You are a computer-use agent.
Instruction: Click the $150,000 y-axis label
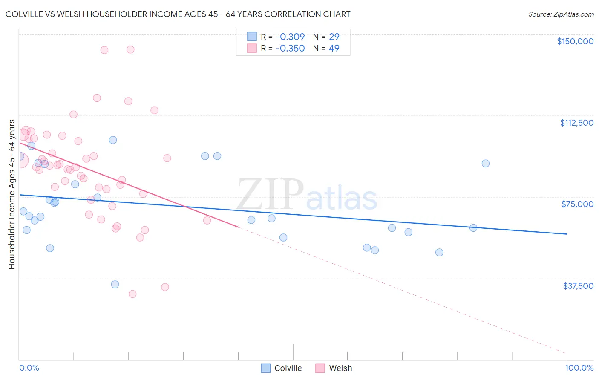[x=575, y=41]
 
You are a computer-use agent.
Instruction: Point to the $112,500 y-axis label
[x=576, y=123]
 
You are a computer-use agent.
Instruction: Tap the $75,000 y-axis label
[x=577, y=204]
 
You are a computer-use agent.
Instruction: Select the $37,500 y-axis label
[x=578, y=286]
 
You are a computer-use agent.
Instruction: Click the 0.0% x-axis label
[x=29, y=368]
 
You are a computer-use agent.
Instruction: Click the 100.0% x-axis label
[x=579, y=368]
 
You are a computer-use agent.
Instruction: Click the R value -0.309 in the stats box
[x=290, y=37]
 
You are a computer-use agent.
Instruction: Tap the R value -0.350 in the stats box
[x=290, y=49]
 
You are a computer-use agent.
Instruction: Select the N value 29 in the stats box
[x=334, y=37]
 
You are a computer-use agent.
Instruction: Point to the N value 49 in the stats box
[x=334, y=49]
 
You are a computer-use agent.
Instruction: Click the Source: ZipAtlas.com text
[x=561, y=14]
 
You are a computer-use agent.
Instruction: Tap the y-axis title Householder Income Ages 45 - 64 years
[x=12, y=194]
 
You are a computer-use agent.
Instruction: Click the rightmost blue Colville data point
[x=485, y=164]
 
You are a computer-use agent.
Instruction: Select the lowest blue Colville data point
[x=115, y=284]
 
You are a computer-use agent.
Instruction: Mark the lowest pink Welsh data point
[x=132, y=294]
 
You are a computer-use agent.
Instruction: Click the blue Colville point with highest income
[x=113, y=140]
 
